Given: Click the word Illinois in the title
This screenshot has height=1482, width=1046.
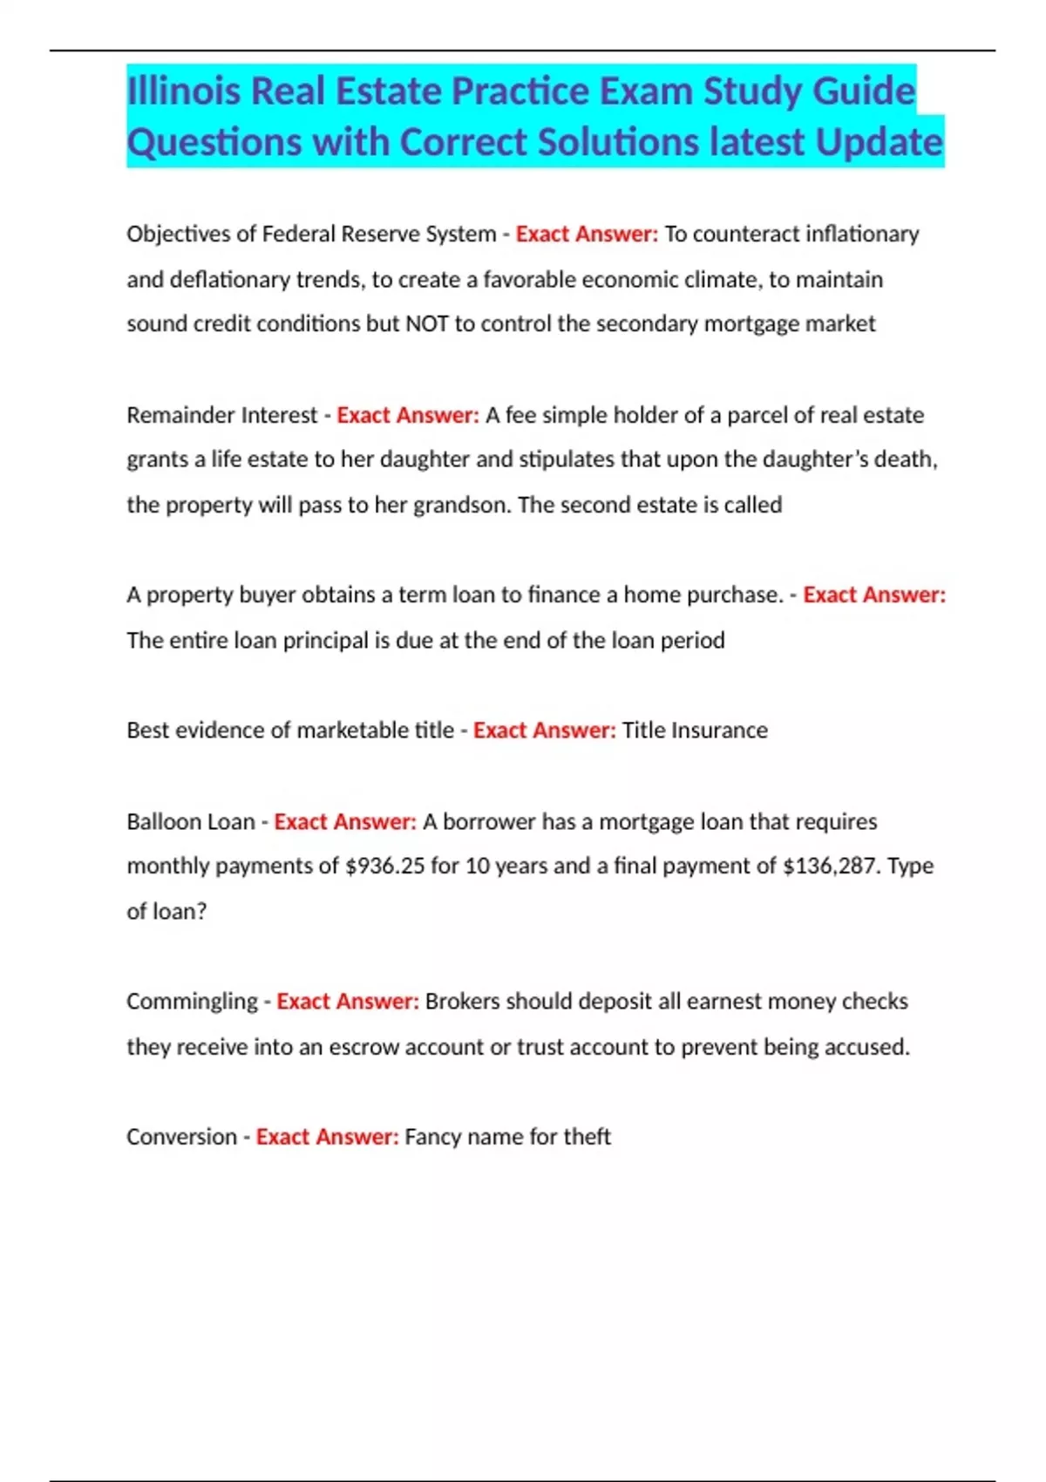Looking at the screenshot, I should point(183,92).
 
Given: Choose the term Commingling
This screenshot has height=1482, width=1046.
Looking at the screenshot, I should point(192,1002).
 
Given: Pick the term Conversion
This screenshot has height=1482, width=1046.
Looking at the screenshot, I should point(181,1137).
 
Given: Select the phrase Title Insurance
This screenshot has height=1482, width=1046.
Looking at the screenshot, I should point(695,731).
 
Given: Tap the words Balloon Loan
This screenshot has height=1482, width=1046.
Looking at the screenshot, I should point(190,822).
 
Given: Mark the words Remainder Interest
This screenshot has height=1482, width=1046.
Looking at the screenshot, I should point(221,415).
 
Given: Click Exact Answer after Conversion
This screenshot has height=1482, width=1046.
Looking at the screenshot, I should point(327,1137).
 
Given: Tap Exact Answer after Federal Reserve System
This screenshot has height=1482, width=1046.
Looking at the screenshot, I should point(587,235).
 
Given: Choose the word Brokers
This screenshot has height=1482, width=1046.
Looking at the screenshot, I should point(462,1002).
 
